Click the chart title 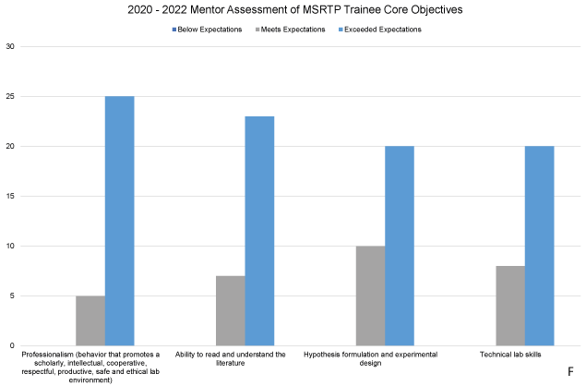[293, 10]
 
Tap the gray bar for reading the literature [231, 310]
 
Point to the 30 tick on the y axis [10, 46]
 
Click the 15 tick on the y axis [10, 196]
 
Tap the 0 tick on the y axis [12, 345]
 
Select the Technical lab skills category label [512, 355]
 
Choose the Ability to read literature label [232, 358]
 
